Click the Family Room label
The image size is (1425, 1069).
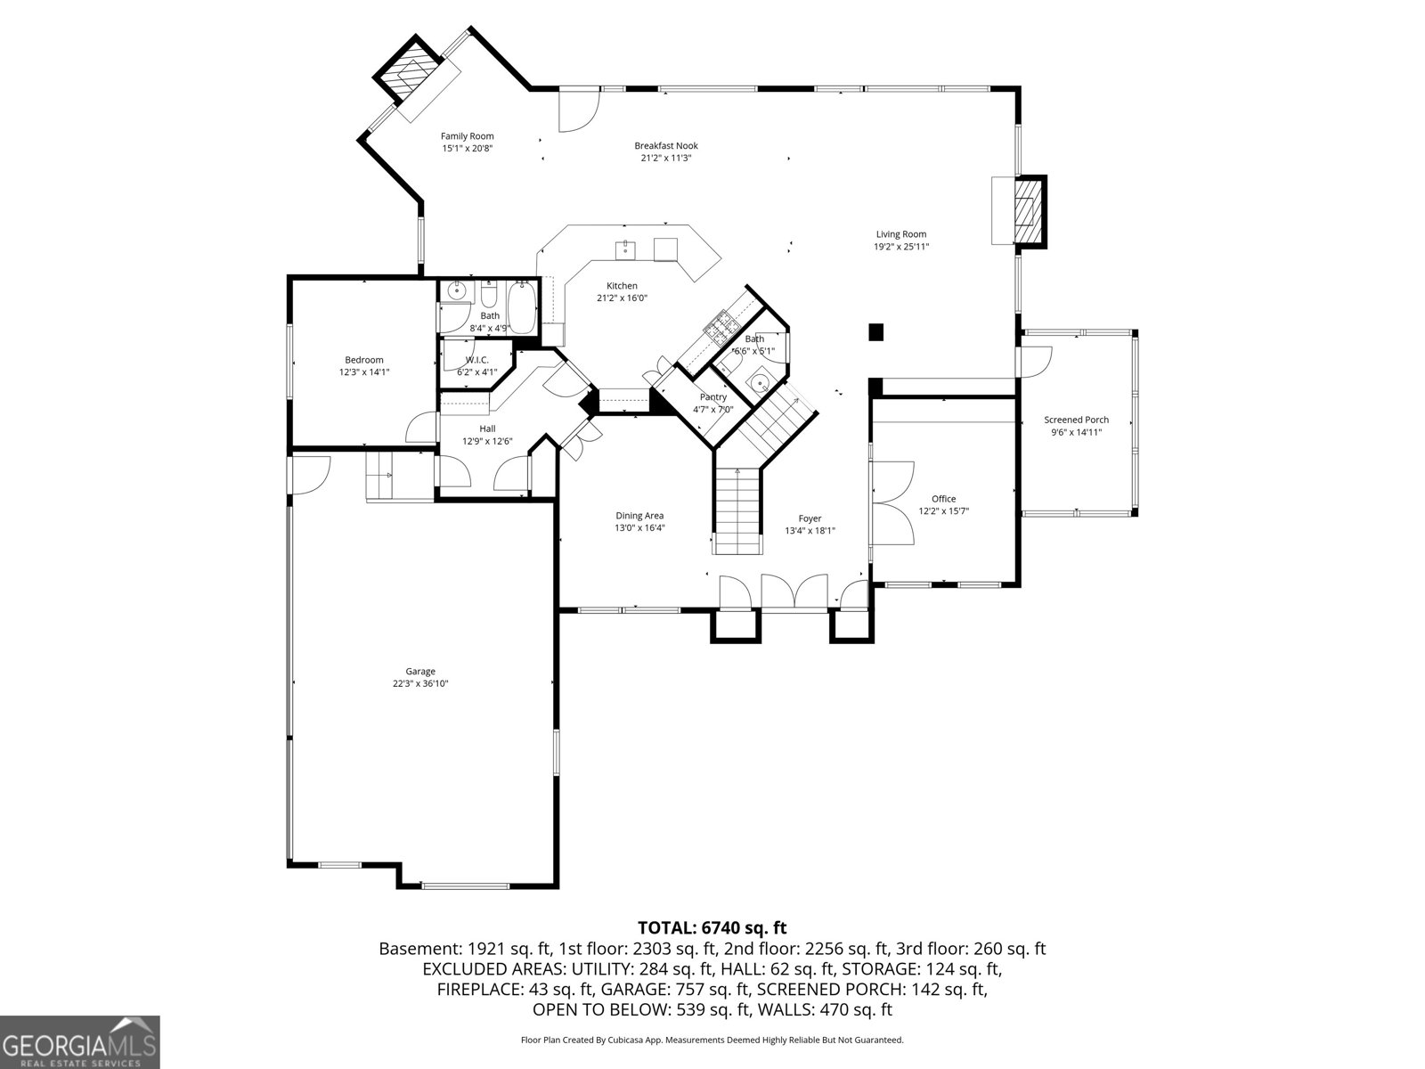(x=467, y=136)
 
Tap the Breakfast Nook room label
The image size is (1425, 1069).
(x=666, y=146)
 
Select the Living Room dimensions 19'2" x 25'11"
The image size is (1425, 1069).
(x=901, y=247)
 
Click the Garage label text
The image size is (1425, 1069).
(x=420, y=672)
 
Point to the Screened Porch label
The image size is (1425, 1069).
(x=1076, y=420)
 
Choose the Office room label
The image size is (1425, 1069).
(x=943, y=499)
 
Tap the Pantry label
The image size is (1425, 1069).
(x=712, y=397)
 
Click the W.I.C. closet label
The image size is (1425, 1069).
(x=477, y=360)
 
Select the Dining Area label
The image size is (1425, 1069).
(x=639, y=516)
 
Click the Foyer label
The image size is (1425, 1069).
(x=810, y=518)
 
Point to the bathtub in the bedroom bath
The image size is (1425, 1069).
(x=521, y=307)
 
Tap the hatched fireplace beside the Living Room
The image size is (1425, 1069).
(x=1030, y=212)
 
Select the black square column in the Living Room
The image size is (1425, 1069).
(x=875, y=331)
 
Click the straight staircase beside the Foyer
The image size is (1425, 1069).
(x=737, y=510)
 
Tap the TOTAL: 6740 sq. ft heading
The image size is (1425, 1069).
(x=712, y=927)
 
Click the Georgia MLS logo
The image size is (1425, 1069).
(x=79, y=1041)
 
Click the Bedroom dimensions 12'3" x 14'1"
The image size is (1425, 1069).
(x=364, y=372)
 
